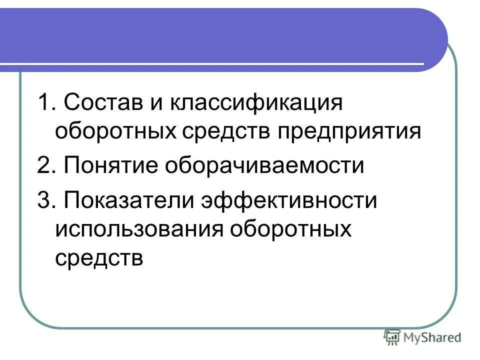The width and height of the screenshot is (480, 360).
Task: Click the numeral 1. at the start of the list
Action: [45, 104]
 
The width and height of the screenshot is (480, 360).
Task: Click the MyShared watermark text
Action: [433, 337]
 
